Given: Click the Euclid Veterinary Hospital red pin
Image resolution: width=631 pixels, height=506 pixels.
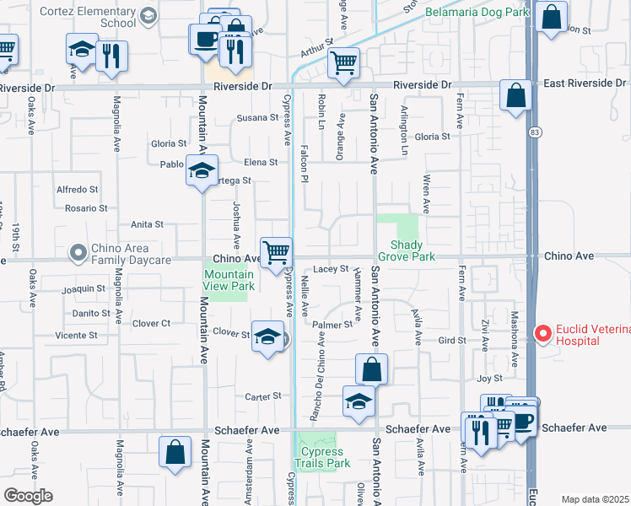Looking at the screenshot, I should click(545, 334).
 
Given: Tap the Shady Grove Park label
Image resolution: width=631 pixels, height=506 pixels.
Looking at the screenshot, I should click(413, 250).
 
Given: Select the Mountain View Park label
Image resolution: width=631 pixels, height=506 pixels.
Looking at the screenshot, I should click(229, 280).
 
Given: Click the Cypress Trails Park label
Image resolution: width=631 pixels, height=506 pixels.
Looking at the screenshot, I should click(321, 458).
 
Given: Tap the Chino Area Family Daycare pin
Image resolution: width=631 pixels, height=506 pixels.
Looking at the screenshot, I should click(78, 252).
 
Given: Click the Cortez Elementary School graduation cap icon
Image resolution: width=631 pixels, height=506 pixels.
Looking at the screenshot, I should click(148, 15).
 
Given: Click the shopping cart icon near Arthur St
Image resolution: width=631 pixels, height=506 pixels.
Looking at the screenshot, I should click(344, 62).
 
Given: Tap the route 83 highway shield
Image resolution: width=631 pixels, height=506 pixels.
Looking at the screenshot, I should click(535, 132).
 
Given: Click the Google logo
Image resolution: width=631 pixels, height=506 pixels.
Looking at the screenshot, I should click(28, 496).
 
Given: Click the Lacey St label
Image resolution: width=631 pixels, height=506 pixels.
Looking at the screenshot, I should click(331, 269).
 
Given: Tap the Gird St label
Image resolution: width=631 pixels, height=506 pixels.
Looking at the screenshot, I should click(452, 341).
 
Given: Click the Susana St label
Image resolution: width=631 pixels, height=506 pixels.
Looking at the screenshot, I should click(257, 118).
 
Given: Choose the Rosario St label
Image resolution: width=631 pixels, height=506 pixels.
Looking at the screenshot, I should click(87, 207).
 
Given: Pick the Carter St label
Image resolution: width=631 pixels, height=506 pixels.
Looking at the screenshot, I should click(262, 396).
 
